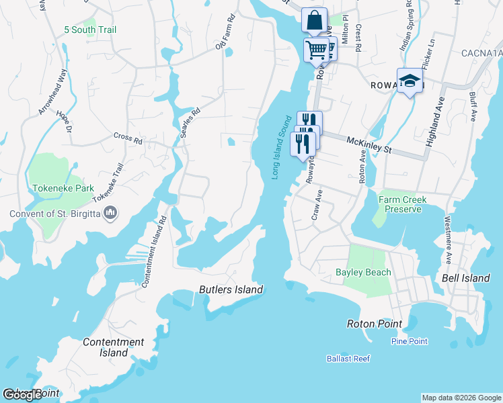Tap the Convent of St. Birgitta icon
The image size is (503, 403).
112,214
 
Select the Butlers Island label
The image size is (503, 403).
231,290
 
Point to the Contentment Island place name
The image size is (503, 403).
114,347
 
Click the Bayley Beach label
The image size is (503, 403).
363,272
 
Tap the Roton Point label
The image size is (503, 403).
375,324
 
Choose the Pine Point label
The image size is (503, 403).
409,341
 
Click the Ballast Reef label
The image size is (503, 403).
348,359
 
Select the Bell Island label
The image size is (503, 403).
465,278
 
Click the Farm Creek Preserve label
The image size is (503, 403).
403,204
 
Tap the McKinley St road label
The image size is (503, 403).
369,142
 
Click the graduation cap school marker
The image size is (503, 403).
410,81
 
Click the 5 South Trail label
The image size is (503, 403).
90,30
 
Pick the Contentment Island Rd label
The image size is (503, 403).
154,253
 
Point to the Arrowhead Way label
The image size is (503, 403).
54,92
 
